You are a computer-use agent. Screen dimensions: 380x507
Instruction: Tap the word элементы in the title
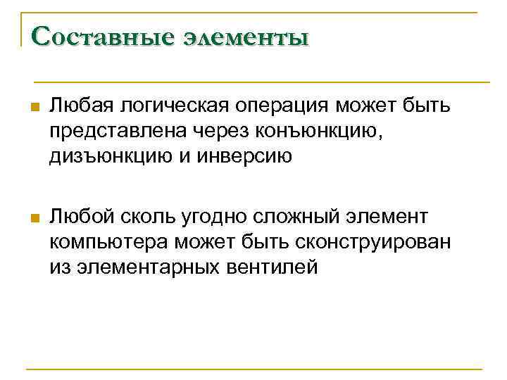(246, 36)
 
